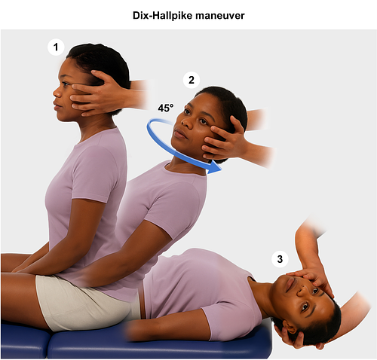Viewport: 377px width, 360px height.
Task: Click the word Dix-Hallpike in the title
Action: click(x=163, y=16)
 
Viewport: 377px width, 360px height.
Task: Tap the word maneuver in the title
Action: click(x=220, y=16)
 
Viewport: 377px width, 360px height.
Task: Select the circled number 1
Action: click(x=56, y=47)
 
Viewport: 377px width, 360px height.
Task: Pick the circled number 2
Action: click(x=192, y=80)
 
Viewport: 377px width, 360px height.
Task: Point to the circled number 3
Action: click(x=280, y=259)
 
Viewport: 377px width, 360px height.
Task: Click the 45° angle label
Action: click(x=166, y=108)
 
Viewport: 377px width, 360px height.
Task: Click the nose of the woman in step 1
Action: click(x=57, y=93)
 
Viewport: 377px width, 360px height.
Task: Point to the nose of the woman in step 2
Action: click(x=185, y=122)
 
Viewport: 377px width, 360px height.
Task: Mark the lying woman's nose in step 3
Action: click(x=300, y=291)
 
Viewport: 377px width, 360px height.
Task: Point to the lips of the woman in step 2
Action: click(x=178, y=134)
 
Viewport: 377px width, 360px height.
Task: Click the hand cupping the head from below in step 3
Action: click(x=293, y=337)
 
